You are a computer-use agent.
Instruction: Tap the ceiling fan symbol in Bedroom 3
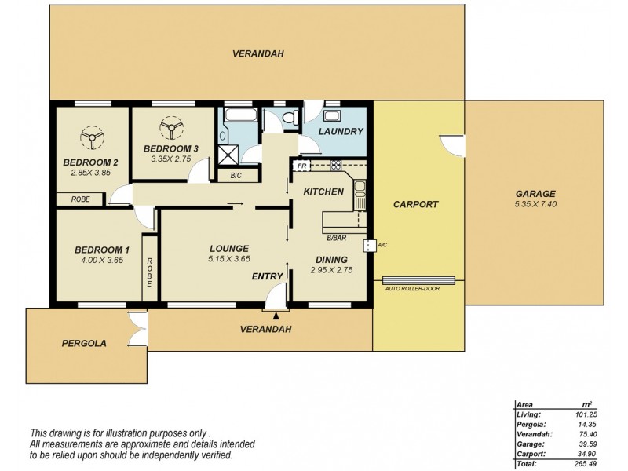point(168,127)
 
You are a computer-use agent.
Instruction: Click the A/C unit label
point(382,245)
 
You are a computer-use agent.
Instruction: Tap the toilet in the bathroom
point(290,119)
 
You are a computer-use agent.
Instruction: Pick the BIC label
point(235,176)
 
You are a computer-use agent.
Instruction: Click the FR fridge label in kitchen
point(301,166)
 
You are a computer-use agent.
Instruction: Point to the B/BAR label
point(337,237)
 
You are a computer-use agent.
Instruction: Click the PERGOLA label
point(84,343)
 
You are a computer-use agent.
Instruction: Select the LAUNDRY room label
point(341,131)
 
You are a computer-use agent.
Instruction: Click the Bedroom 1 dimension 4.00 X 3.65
point(101,261)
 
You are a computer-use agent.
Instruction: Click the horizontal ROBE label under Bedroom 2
point(81,199)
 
